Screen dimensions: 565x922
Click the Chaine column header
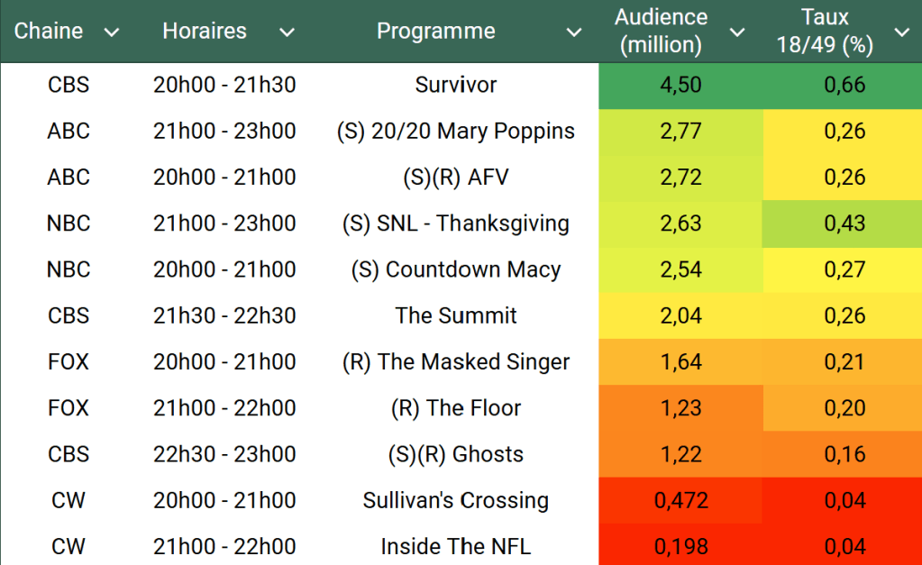point(49,31)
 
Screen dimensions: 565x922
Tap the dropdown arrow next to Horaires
point(287,32)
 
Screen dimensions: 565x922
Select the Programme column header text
point(435,31)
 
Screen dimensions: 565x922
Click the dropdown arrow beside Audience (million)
point(737,32)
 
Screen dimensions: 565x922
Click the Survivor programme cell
point(456,86)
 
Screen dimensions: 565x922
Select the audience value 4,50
point(680,86)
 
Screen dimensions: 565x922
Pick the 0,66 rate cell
point(844,86)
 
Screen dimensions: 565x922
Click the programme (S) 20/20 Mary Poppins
point(456,132)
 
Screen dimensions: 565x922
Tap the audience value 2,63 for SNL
point(680,223)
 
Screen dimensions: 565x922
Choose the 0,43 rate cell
point(844,223)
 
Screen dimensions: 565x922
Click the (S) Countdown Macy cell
point(456,269)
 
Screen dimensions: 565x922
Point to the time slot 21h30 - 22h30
point(224,315)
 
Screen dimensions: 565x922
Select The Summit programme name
point(456,315)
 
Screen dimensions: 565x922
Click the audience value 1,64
point(680,362)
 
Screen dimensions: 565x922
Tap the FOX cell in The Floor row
point(68,408)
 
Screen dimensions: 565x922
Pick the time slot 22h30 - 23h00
point(224,454)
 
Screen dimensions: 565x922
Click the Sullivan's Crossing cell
point(456,500)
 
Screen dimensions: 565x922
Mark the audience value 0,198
point(680,546)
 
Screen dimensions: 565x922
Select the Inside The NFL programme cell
point(456,546)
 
